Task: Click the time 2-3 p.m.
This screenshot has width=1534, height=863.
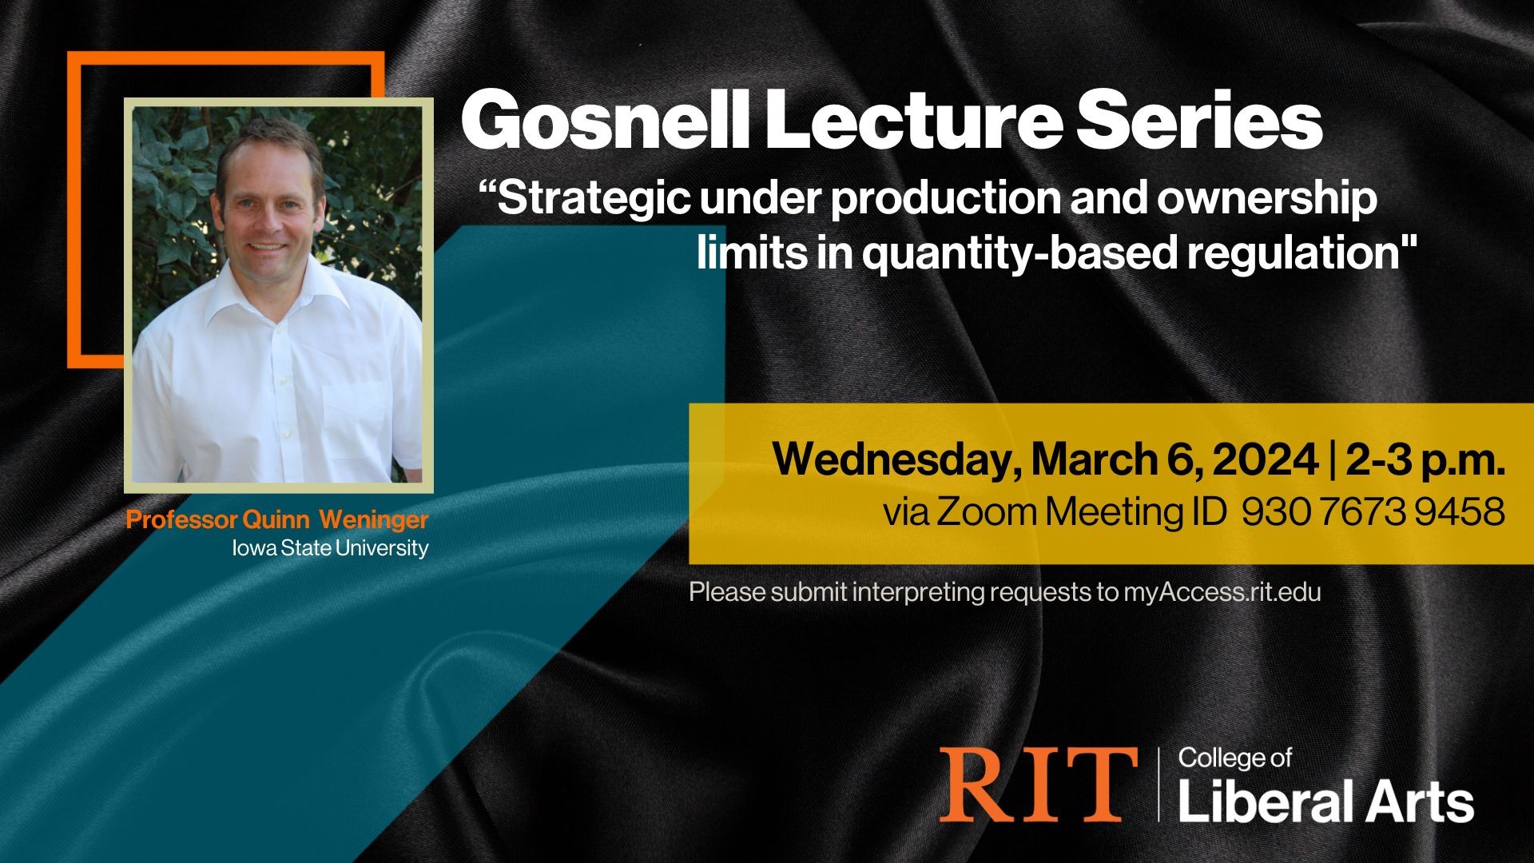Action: click(1425, 461)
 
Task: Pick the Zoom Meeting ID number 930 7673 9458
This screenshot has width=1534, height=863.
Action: click(1373, 512)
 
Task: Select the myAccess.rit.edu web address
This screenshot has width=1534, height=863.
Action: click(1222, 592)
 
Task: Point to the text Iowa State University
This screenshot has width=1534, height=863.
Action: click(330, 548)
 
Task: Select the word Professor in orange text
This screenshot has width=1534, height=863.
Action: click(182, 520)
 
